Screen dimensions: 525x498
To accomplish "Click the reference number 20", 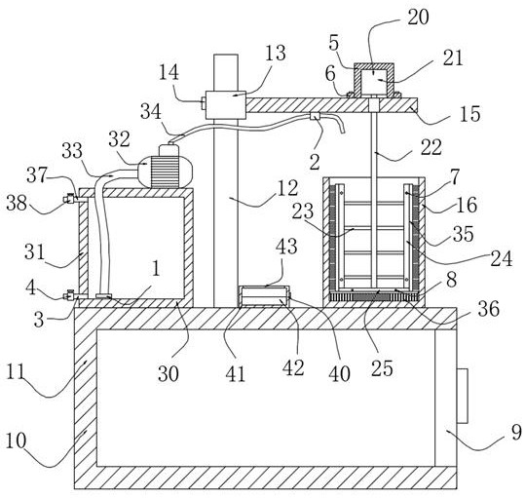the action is [418, 18].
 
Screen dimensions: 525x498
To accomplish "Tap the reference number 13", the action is [276, 54].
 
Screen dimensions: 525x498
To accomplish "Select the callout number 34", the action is [151, 111].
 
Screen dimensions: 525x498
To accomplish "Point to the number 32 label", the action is [119, 139].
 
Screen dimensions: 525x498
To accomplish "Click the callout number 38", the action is [17, 203].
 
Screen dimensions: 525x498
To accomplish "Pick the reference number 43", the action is [286, 247].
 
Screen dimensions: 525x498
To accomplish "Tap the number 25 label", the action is [382, 368].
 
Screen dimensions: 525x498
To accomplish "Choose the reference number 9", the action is [516, 432].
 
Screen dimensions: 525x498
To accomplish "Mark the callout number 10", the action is [16, 441].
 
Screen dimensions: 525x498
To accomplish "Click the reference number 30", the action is [169, 374].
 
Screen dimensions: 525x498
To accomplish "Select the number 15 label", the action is [470, 114].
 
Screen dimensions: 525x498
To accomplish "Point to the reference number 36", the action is [489, 308].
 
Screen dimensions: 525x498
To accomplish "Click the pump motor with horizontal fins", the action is [166, 171].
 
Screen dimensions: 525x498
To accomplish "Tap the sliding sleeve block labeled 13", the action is [226, 105].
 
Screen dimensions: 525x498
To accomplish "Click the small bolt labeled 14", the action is [203, 102].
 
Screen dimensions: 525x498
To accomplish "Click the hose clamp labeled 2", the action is [315, 117].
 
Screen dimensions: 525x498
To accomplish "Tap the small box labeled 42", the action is [265, 296].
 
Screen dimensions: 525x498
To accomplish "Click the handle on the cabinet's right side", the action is [462, 397].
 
